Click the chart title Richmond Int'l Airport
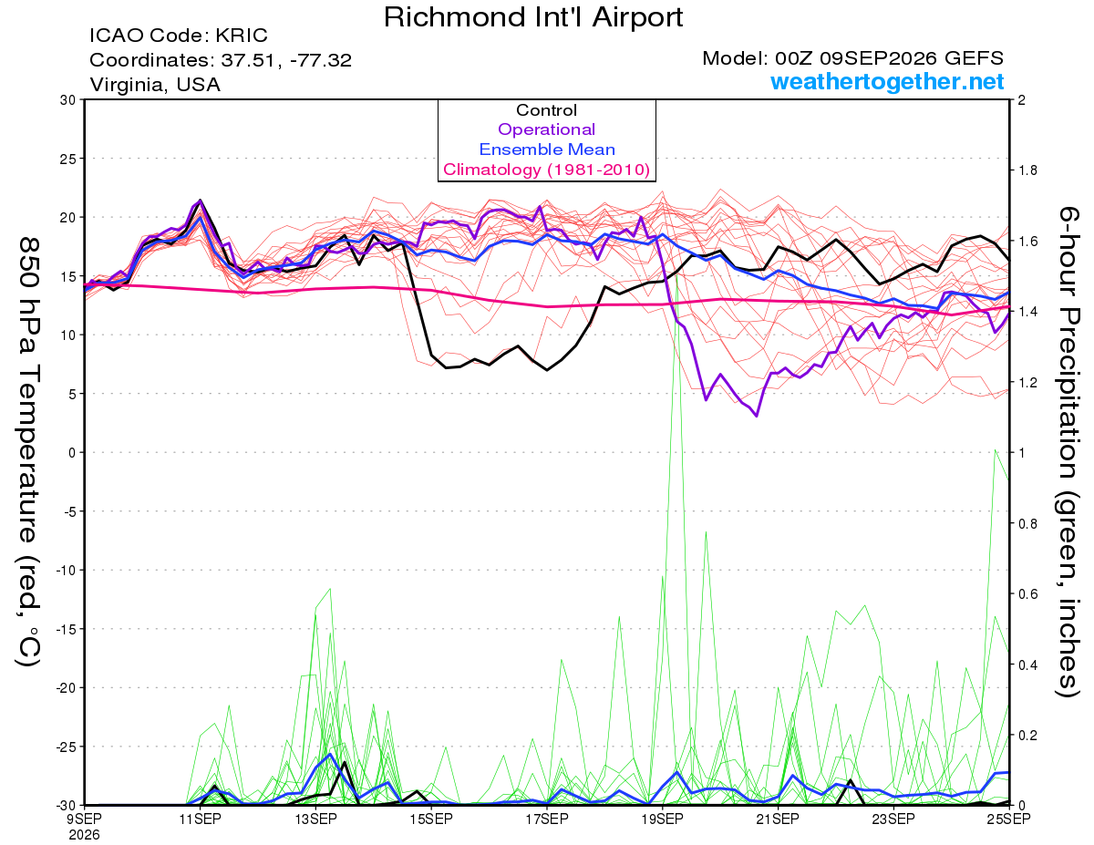(533, 17)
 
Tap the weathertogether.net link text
(887, 81)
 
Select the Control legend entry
(546, 110)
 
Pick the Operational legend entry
(546, 129)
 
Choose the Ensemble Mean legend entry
(547, 149)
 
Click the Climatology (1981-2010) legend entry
(547, 170)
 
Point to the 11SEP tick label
(200, 819)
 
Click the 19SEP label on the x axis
(662, 819)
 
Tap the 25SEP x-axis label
(1008, 819)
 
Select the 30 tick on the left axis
(68, 100)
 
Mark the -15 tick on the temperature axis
(65, 629)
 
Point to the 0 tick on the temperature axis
(72, 452)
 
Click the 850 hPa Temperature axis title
(28, 452)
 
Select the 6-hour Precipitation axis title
(1068, 452)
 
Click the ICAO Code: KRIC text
(179, 36)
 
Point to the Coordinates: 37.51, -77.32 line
(221, 60)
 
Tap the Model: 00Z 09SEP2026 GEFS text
(852, 58)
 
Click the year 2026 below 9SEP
(84, 835)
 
